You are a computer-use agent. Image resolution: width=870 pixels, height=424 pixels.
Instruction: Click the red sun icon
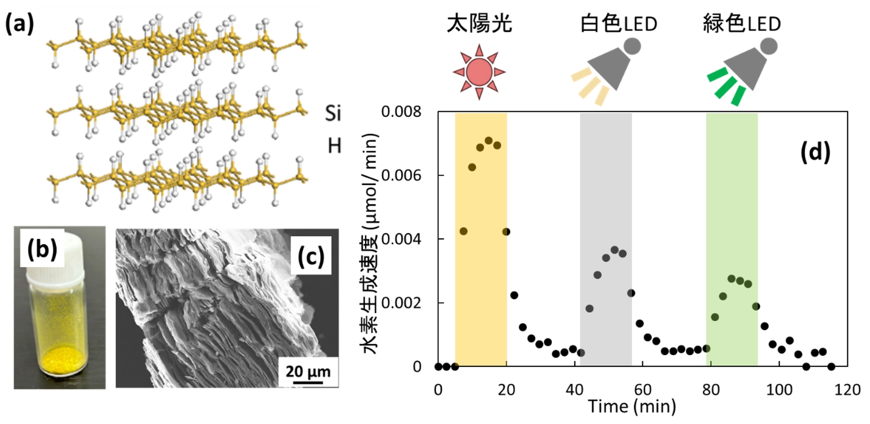(479, 72)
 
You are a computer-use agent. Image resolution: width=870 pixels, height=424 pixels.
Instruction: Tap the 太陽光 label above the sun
(479, 24)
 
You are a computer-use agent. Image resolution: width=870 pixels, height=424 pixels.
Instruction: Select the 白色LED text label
(619, 24)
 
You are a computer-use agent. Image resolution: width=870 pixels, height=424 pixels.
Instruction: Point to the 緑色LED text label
(742, 24)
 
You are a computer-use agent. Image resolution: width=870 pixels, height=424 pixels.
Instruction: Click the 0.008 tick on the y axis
(401, 112)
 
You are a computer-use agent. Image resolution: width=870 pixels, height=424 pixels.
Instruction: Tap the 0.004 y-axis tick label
(401, 239)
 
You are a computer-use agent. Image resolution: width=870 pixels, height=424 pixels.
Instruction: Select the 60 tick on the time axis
(643, 390)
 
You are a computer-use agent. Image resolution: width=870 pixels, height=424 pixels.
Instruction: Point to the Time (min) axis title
(632, 406)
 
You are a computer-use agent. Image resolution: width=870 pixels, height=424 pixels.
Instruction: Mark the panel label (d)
(815, 152)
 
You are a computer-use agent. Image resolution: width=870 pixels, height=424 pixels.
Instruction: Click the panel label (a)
(19, 24)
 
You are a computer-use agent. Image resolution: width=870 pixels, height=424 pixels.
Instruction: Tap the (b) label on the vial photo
(42, 249)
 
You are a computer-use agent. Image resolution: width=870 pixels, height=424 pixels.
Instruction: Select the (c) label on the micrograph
(311, 256)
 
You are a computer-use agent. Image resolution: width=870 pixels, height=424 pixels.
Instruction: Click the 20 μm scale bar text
(308, 371)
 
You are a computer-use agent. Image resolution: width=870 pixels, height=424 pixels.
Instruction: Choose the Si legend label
(333, 113)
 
